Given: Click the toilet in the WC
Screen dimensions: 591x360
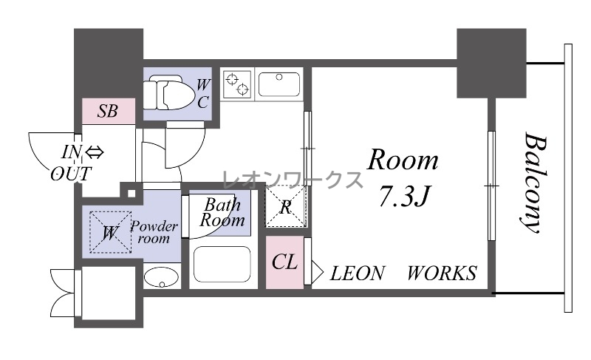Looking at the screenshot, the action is click(x=165, y=92).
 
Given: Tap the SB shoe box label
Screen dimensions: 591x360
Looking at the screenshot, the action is click(x=108, y=111).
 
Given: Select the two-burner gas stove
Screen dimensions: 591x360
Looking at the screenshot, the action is click(x=237, y=84).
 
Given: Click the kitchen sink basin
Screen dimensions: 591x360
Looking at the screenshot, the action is click(x=279, y=84).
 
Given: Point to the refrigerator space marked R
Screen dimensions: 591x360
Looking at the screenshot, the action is click(x=285, y=206).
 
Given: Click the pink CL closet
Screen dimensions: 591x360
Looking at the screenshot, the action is click(x=284, y=262).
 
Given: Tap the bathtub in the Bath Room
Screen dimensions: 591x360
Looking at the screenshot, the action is click(x=222, y=264).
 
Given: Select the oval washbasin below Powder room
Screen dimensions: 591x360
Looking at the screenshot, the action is click(x=161, y=277).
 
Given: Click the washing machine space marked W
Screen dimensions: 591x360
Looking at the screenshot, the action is click(x=110, y=232).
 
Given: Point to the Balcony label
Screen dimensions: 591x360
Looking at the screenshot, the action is click(x=534, y=182).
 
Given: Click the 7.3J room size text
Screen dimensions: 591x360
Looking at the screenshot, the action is click(x=404, y=197).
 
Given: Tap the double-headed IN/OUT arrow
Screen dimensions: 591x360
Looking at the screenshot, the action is click(x=95, y=153).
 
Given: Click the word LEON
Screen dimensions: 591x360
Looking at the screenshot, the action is click(x=358, y=274).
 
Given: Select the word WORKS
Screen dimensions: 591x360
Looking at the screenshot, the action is click(x=442, y=274).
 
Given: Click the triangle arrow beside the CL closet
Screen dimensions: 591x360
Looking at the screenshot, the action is click(x=317, y=271).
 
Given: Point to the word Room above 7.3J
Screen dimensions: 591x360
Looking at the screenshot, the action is click(x=403, y=160).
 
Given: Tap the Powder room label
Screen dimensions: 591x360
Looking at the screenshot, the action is click(x=154, y=232).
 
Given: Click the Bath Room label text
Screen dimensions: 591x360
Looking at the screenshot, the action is click(x=222, y=213).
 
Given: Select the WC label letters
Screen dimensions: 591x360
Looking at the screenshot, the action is click(x=203, y=93).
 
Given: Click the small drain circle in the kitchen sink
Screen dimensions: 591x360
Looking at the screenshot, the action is click(x=279, y=77).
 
